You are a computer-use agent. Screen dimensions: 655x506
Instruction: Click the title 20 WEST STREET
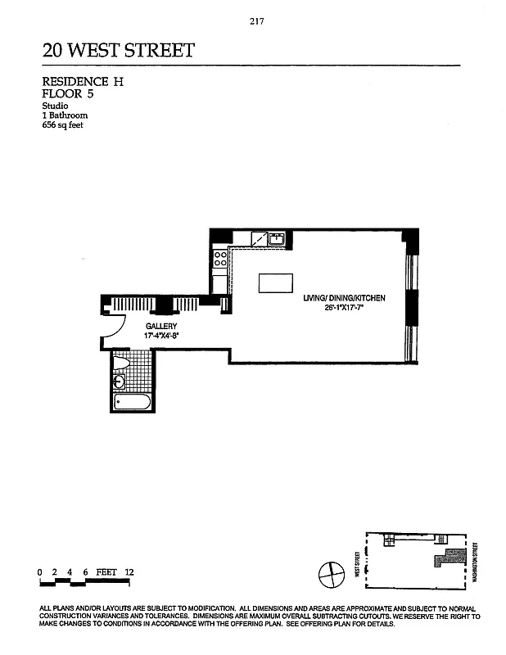click(119, 51)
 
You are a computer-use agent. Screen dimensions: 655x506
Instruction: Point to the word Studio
click(55, 106)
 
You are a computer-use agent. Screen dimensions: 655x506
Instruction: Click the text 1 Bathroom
click(65, 115)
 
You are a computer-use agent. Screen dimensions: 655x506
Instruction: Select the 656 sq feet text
click(63, 125)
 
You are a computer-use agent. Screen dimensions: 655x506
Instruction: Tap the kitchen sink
click(278, 239)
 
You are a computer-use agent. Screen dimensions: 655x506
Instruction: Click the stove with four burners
click(219, 260)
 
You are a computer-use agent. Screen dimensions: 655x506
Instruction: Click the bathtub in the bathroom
click(131, 402)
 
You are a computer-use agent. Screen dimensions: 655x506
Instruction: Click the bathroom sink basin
click(120, 381)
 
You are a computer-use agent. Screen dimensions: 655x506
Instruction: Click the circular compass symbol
click(329, 572)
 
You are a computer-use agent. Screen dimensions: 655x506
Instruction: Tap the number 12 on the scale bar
click(129, 571)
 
